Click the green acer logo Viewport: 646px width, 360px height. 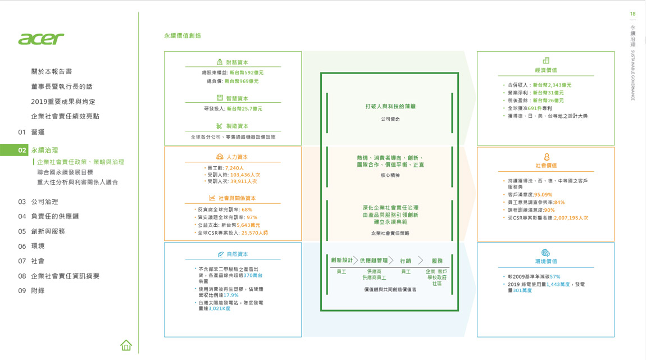[41, 39]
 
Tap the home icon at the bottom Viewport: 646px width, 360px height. [126, 345]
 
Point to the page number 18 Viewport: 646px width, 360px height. [633, 13]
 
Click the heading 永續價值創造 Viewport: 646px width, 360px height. [183, 35]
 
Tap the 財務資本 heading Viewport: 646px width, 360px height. [237, 62]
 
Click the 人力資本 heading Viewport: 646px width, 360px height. [236, 157]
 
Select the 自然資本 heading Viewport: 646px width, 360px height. [237, 254]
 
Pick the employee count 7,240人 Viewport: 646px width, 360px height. [234, 168]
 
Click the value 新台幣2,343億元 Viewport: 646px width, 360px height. [552, 85]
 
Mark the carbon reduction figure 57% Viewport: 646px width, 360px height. [555, 277]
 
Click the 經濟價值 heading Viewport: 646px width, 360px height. [545, 70]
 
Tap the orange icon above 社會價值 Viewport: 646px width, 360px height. [546, 157]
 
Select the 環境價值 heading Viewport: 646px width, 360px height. [545, 261]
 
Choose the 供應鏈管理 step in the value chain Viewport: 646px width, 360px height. [374, 261]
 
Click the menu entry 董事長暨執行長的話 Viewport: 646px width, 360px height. [62, 86]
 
